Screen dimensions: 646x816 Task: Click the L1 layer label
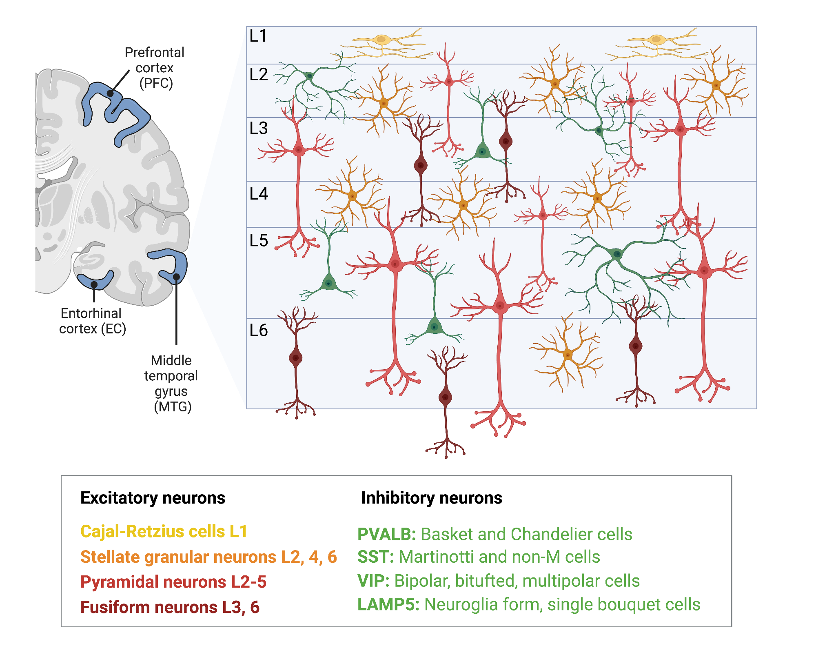point(258,36)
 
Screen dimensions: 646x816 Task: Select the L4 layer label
point(259,194)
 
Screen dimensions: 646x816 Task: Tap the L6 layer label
point(259,330)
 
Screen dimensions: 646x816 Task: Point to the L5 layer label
point(259,240)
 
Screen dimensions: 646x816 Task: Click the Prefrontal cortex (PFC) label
point(155,68)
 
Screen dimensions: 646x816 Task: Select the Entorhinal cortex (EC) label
point(92,321)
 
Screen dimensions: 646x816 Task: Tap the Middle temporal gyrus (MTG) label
point(171,383)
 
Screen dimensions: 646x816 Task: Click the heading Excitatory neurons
point(153,498)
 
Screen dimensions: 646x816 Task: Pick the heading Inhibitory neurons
point(432,498)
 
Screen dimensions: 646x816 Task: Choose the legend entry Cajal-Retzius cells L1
point(164,531)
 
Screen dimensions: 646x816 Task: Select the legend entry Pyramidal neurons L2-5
point(173,582)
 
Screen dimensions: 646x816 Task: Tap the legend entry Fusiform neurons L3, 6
point(170,607)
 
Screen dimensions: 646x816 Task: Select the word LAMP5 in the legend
point(388,604)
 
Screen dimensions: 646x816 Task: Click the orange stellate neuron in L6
point(568,354)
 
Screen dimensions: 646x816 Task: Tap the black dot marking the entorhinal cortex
point(94,284)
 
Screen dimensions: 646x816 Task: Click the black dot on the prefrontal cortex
point(110,93)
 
